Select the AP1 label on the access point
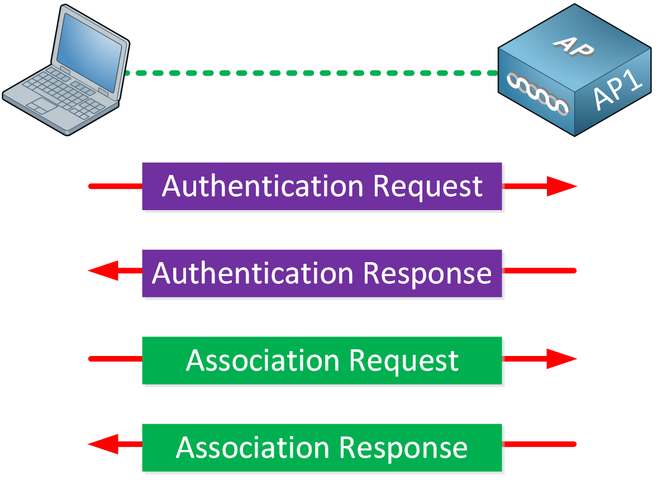pyautogui.click(x=618, y=92)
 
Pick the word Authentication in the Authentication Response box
pyautogui.click(x=252, y=273)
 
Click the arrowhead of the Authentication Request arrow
pyautogui.click(x=561, y=186)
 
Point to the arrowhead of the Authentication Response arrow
pyautogui.click(x=104, y=271)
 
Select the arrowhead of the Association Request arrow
pyautogui.click(x=561, y=359)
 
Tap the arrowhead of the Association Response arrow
pyautogui.click(x=104, y=444)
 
